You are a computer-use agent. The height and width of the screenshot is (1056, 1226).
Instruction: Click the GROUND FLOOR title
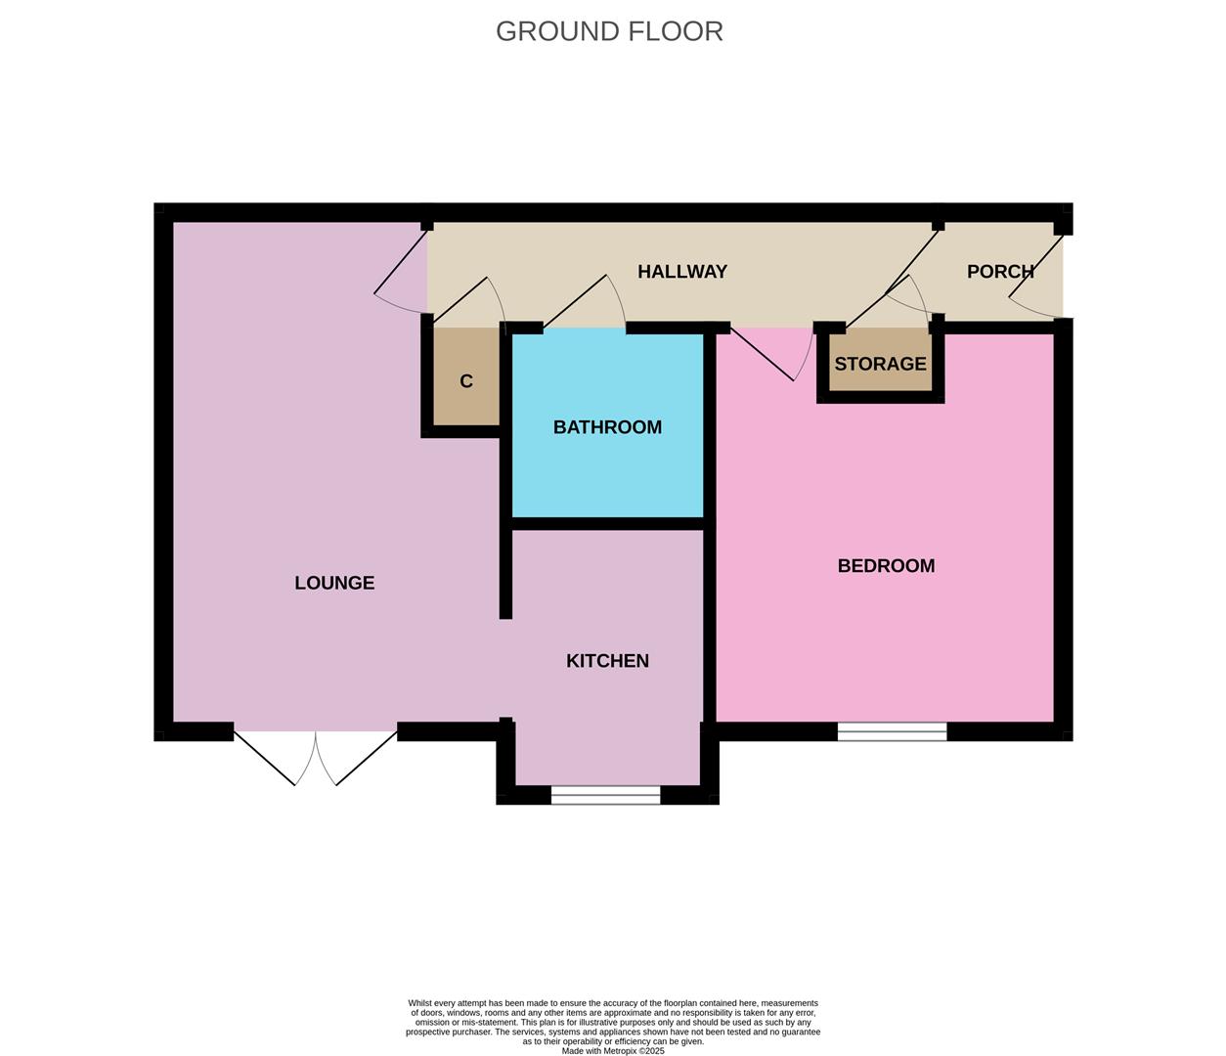609,31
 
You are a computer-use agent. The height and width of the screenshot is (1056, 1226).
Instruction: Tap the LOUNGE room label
334,583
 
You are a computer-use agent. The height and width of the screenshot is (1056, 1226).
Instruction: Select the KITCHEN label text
607,661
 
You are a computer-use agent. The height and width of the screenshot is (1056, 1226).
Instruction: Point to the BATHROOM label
607,427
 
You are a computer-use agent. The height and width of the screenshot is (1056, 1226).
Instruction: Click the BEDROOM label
886,566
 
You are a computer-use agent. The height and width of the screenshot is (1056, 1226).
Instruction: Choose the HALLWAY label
682,272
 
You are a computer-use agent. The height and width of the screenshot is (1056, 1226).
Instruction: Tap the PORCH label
1000,272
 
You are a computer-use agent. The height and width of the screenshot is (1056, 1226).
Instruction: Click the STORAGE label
880,364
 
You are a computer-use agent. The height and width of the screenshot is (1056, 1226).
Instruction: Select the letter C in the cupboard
466,381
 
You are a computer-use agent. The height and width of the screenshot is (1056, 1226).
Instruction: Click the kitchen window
606,797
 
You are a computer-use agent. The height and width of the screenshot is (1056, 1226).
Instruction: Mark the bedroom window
892,731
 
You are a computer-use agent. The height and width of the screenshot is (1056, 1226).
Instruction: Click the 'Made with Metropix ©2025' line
613,1051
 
